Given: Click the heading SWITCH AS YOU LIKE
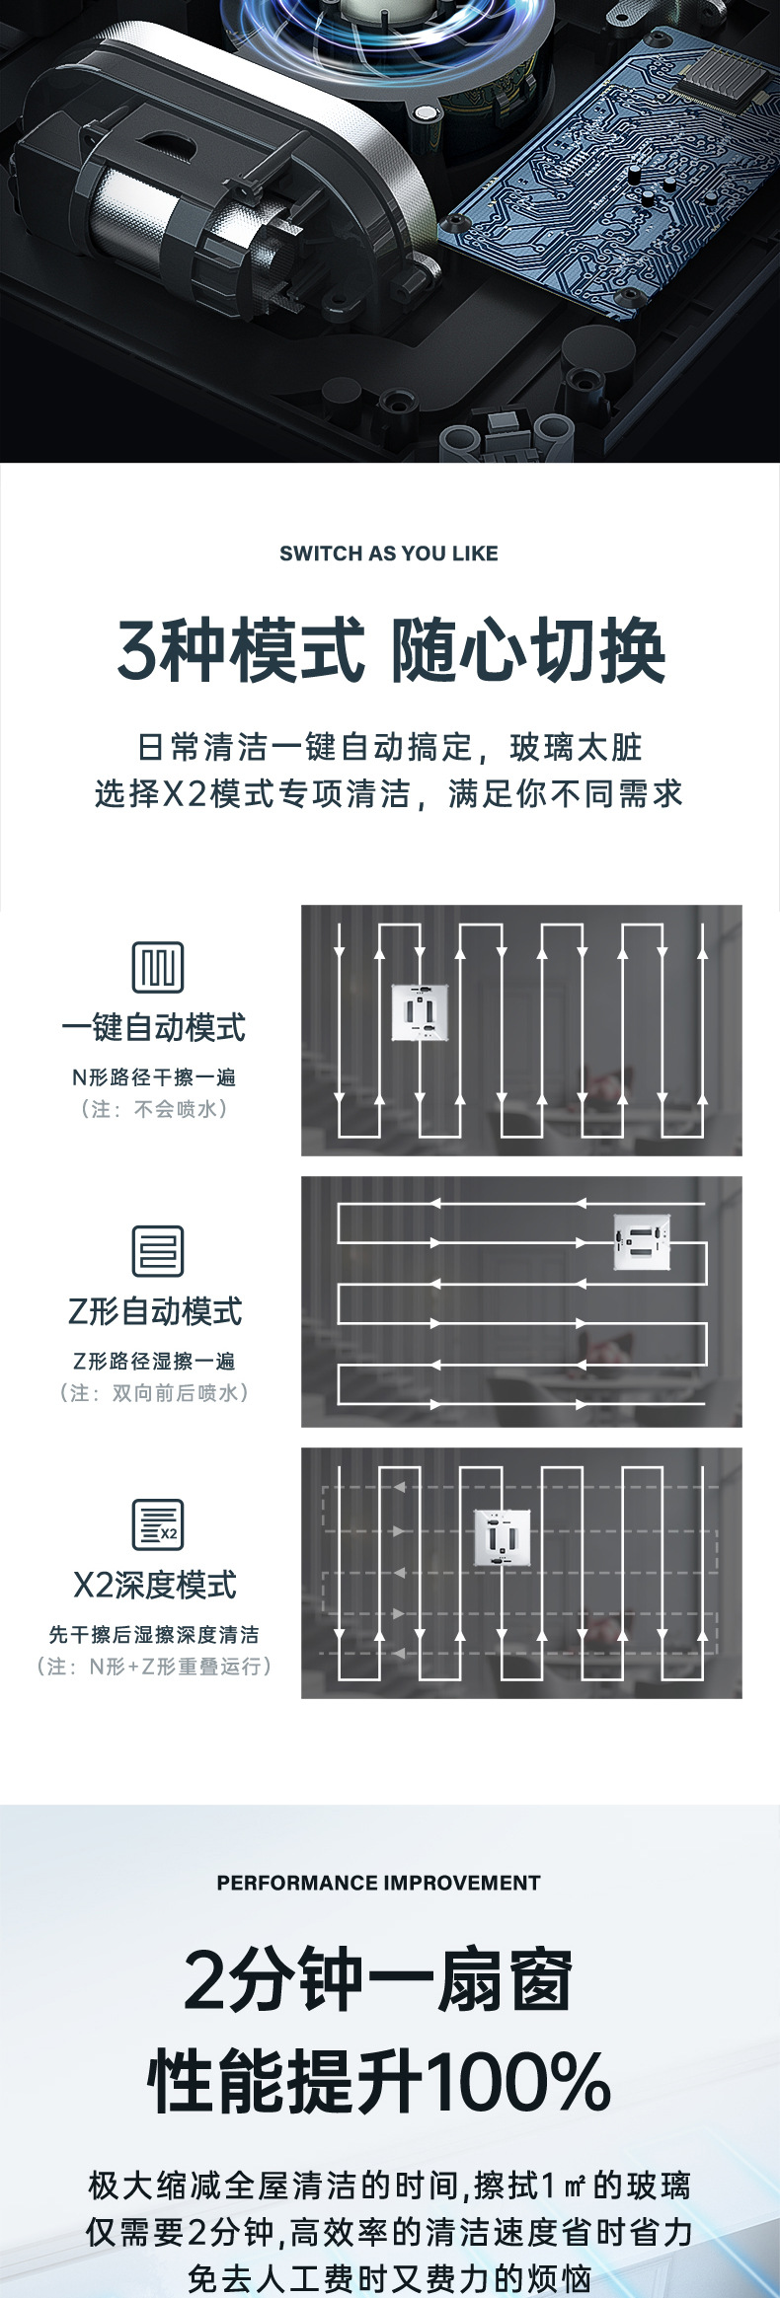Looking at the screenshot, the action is pos(389,554).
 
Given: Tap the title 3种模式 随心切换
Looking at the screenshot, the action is pos(391,651).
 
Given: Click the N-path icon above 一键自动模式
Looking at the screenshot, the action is pos(158,966).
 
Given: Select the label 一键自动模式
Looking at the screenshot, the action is pos(154,1028).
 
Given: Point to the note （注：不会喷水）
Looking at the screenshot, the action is pos(154,1109).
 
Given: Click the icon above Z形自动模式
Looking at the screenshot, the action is pos(158,1250).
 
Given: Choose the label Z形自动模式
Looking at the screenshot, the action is pos(155,1311).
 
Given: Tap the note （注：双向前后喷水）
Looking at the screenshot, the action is pos(154,1392).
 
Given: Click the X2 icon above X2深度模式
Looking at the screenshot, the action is pos(158,1523).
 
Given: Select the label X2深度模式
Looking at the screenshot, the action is pos(155,1585).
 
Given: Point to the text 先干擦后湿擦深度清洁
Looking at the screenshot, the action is pos(154,1634).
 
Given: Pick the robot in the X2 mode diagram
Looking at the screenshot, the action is pos(503,1537).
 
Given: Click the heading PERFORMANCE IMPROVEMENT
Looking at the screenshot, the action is pos(378,1883).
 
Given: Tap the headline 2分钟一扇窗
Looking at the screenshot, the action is pos(378,1980).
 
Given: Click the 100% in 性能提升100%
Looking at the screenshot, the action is pos(518,2081).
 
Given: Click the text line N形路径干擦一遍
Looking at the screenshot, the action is pos(154,1077).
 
